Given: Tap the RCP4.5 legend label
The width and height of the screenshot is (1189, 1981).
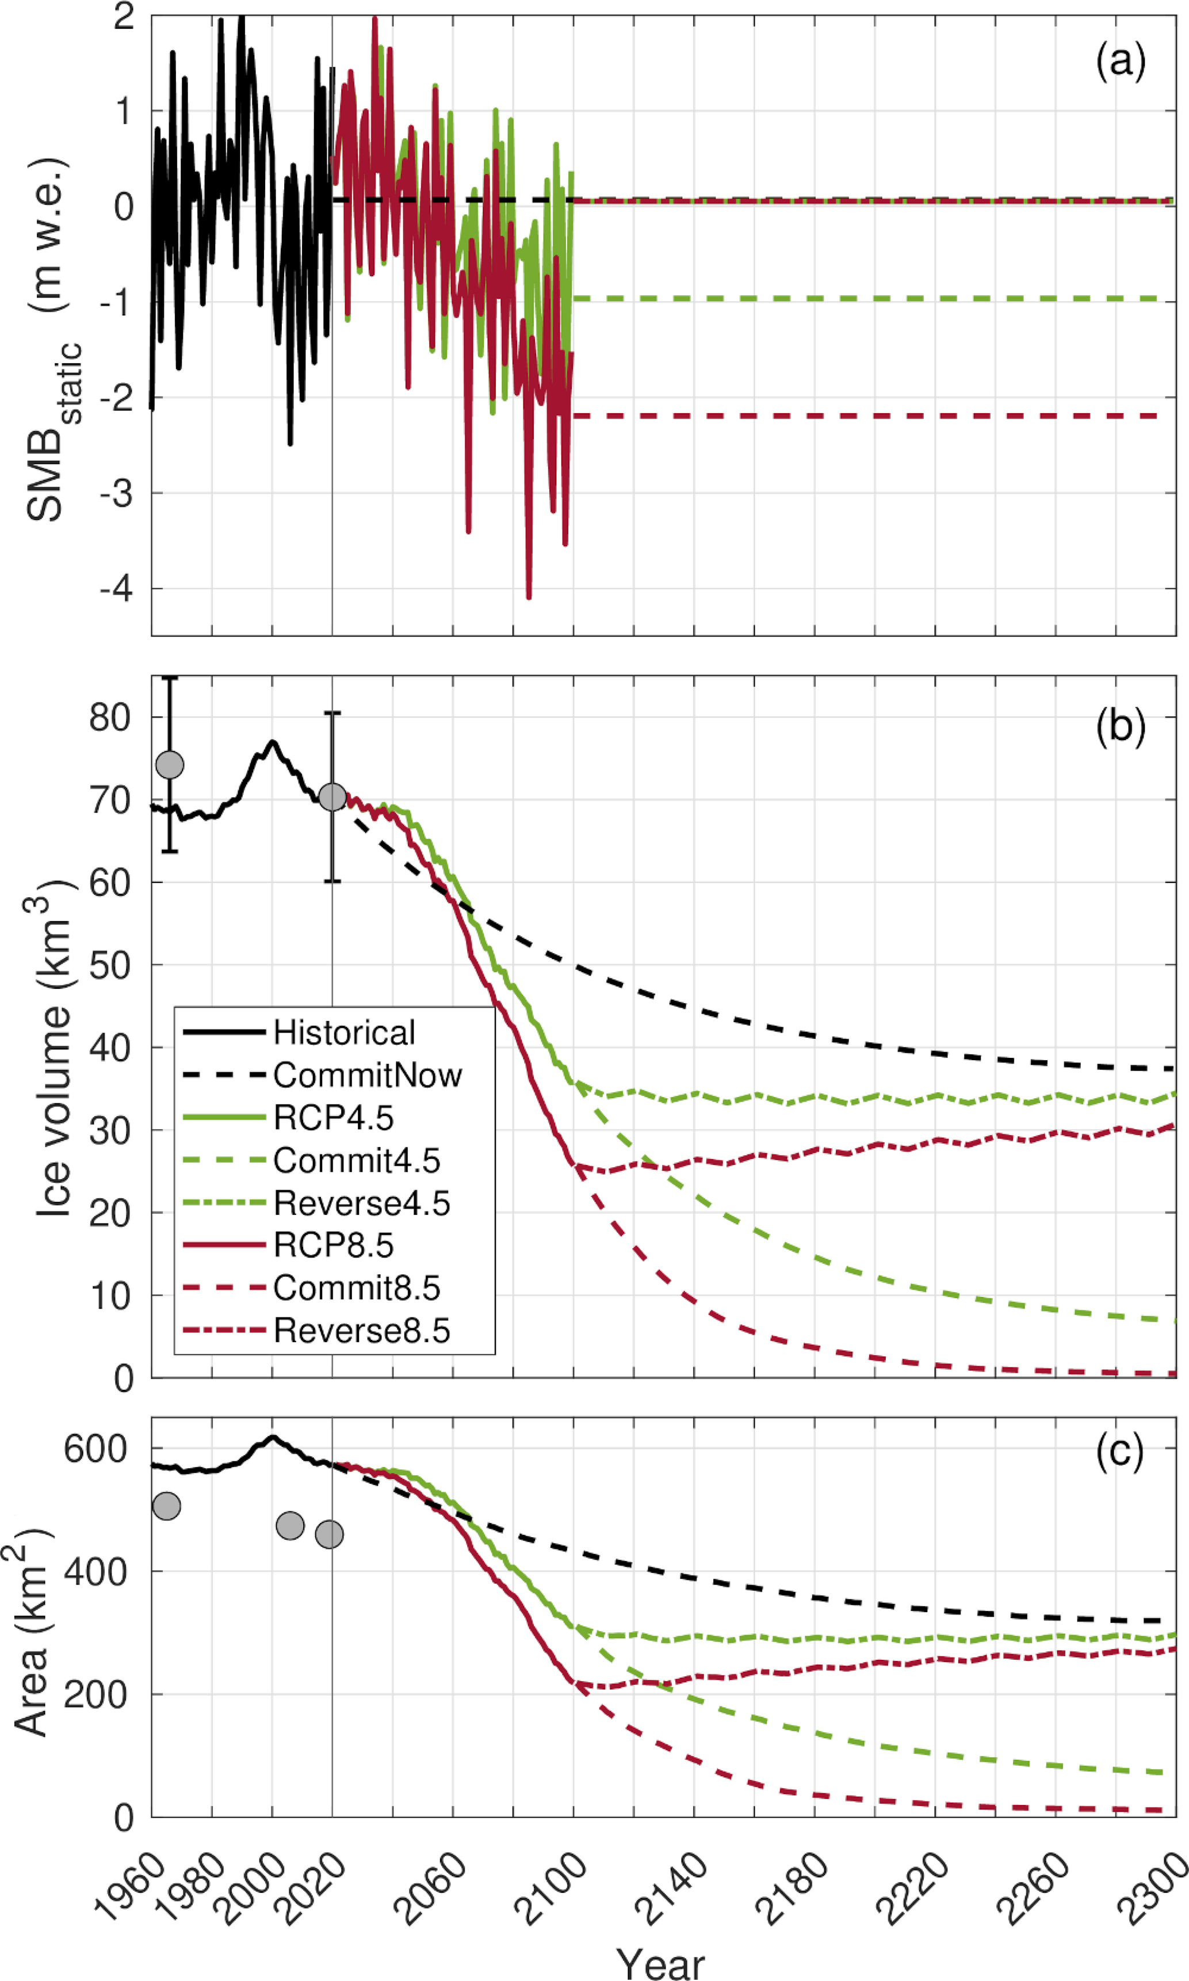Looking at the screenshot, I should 333,1118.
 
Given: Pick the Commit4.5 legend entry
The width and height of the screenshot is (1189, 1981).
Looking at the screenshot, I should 357,1160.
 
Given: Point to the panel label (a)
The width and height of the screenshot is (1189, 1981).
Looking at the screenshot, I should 1120,61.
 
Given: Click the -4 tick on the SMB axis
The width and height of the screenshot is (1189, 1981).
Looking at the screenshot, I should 116,589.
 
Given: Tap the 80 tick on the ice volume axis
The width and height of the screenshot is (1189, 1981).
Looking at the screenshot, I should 110,718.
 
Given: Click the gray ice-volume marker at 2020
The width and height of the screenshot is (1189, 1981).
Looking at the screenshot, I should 332,797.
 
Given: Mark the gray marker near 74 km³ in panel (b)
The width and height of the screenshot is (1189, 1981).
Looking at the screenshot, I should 170,764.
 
